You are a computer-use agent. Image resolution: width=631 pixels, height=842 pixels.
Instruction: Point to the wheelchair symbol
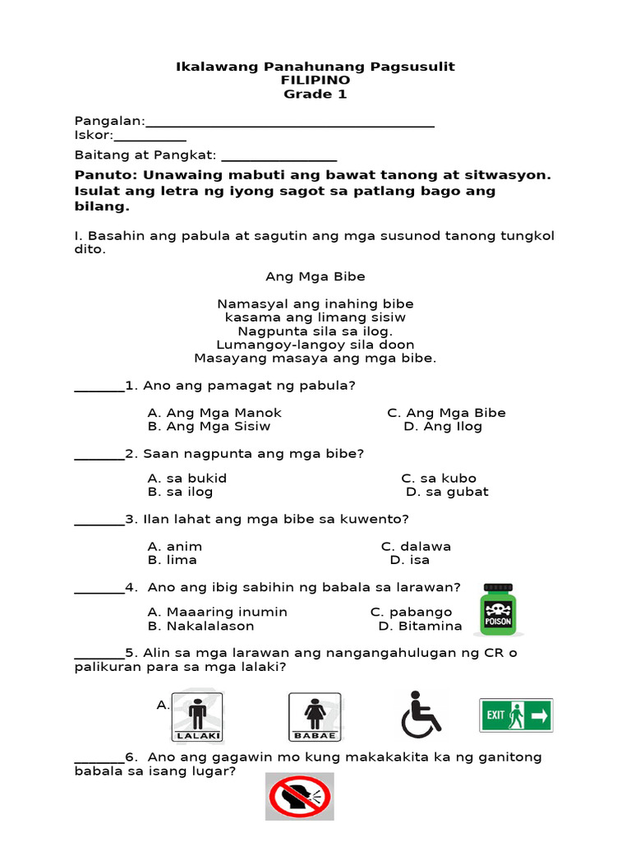421,714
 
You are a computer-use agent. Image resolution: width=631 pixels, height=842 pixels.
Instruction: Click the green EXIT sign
516,715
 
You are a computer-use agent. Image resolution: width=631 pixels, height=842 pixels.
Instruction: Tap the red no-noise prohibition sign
299,796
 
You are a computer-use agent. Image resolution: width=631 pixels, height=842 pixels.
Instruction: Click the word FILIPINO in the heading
315,80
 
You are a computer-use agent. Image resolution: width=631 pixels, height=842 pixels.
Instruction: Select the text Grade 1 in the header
315,94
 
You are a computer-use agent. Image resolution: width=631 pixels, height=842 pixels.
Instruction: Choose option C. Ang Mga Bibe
446,413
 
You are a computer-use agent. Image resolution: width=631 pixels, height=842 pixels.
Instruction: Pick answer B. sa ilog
180,492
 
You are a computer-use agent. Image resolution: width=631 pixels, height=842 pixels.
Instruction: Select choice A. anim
174,546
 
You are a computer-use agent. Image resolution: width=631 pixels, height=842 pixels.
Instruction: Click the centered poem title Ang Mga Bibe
315,276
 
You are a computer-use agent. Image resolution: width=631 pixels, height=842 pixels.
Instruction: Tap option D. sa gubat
447,492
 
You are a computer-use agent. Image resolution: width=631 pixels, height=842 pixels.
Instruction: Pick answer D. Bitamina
420,626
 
